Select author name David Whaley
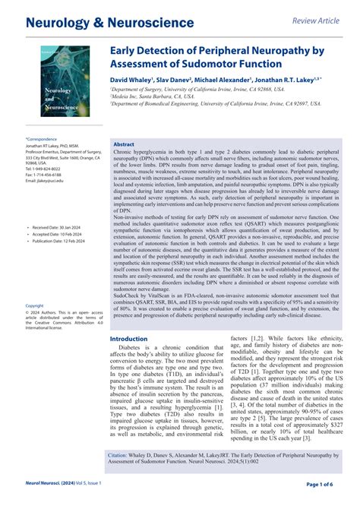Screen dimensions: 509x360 tap(131, 78)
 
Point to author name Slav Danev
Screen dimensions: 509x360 tap(175, 78)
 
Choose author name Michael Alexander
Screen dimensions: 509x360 tap(226, 78)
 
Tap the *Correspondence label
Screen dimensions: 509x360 tap(42, 140)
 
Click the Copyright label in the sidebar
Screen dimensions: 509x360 tap(35, 305)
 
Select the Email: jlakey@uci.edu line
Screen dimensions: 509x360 tap(48, 181)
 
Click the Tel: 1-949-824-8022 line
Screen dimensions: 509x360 tap(45, 169)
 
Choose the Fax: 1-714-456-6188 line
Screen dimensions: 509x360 tap(46, 175)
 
